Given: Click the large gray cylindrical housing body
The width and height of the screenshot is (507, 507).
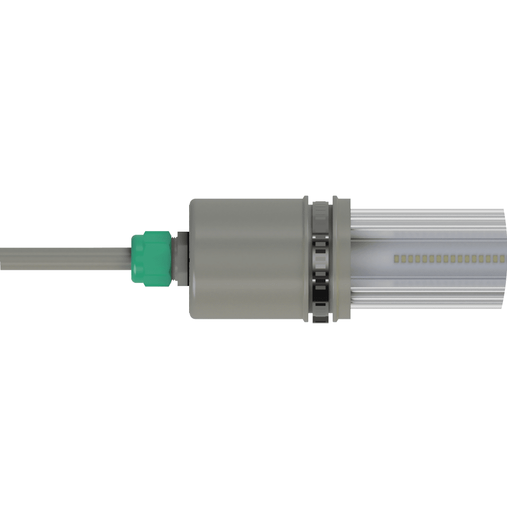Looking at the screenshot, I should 248,259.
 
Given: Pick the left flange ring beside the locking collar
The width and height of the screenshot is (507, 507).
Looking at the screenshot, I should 306,259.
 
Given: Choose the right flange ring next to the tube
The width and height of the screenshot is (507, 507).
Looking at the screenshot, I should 341,259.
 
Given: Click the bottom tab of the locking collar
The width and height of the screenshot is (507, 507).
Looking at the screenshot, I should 321,311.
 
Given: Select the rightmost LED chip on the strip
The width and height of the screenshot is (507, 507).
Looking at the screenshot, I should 502,259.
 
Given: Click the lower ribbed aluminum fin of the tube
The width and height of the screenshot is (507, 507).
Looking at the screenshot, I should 426,299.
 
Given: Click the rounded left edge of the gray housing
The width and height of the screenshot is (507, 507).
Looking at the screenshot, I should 192,259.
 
